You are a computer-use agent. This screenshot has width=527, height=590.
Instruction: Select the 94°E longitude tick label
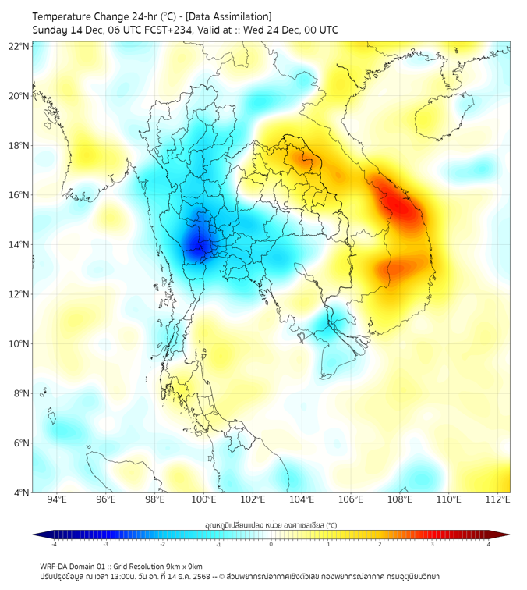pos(57,499)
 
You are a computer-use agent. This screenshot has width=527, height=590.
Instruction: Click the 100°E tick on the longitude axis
pos(204,499)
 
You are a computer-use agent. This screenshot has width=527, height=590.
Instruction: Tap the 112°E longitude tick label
pos(498,499)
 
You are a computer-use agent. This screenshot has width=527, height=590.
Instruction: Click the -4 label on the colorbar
pos(54,544)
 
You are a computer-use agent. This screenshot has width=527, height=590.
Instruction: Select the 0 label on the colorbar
pos(271,544)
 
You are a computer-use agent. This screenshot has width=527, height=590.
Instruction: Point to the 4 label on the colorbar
pos(488,544)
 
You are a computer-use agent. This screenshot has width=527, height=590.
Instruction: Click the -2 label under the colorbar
pos(162,544)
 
